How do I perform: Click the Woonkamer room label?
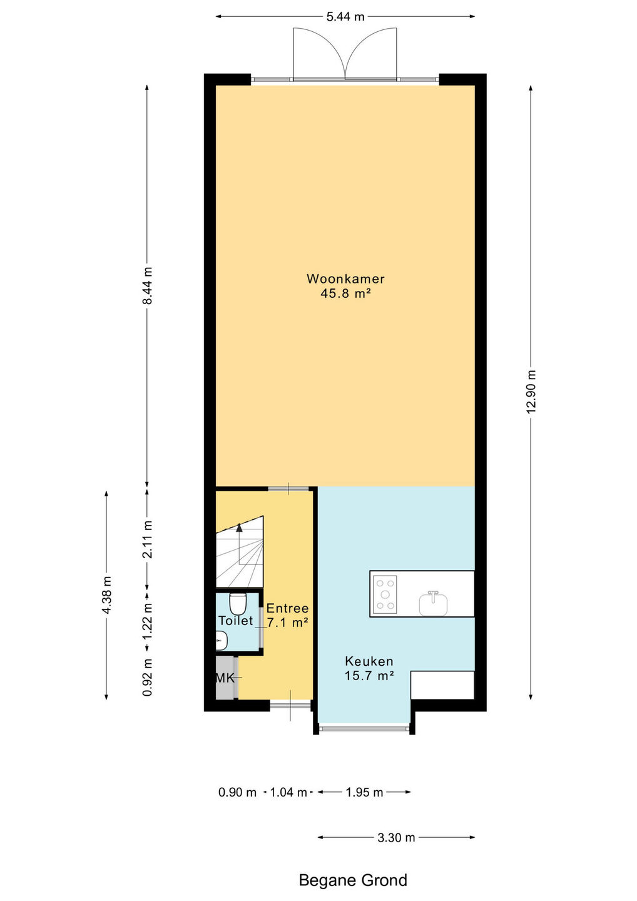[x=345, y=279]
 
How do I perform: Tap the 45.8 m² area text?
[x=345, y=293]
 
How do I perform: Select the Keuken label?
[x=369, y=661]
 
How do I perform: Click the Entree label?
[x=288, y=608]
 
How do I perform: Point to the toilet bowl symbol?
[x=238, y=604]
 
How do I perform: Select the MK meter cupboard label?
[x=225, y=678]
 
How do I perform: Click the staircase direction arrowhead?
[x=240, y=527]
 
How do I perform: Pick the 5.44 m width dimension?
[x=345, y=16]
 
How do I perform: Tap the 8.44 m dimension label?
[x=147, y=286]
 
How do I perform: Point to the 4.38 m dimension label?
[x=106, y=595]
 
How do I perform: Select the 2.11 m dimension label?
[x=148, y=539]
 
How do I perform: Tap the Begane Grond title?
[x=353, y=880]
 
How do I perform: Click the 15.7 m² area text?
[x=369, y=676]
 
